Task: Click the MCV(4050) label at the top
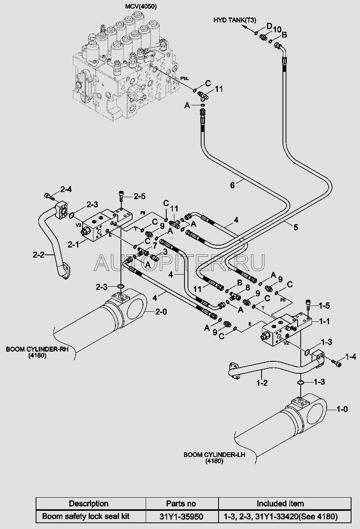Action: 141,7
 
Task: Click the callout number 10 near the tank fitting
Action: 277,29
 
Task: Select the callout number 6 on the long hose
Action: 233,185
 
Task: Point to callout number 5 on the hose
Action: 296,227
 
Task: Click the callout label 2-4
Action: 66,190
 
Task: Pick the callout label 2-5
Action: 140,196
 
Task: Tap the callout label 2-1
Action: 74,244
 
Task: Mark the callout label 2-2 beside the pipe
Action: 39,255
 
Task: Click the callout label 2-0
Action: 160,311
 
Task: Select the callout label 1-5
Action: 324,306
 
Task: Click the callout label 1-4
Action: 351,356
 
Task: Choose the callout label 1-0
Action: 342,409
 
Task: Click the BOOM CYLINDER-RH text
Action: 37,349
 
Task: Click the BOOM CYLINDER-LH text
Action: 214,455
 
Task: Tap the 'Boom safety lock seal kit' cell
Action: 86,516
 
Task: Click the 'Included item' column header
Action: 280,503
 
